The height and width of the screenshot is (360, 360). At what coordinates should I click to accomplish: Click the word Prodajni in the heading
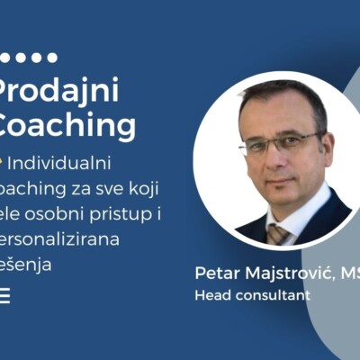tap(59, 91)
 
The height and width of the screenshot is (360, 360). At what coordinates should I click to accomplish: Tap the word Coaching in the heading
tap(67, 125)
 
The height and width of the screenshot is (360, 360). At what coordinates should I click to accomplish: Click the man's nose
tap(277, 155)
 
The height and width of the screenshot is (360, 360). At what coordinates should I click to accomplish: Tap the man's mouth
tap(279, 178)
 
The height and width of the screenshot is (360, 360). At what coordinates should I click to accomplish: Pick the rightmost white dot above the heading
tap(52, 58)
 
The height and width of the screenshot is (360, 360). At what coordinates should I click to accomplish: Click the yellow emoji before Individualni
tap(4, 163)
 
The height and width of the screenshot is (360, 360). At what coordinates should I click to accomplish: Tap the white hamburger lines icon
tap(4, 296)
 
